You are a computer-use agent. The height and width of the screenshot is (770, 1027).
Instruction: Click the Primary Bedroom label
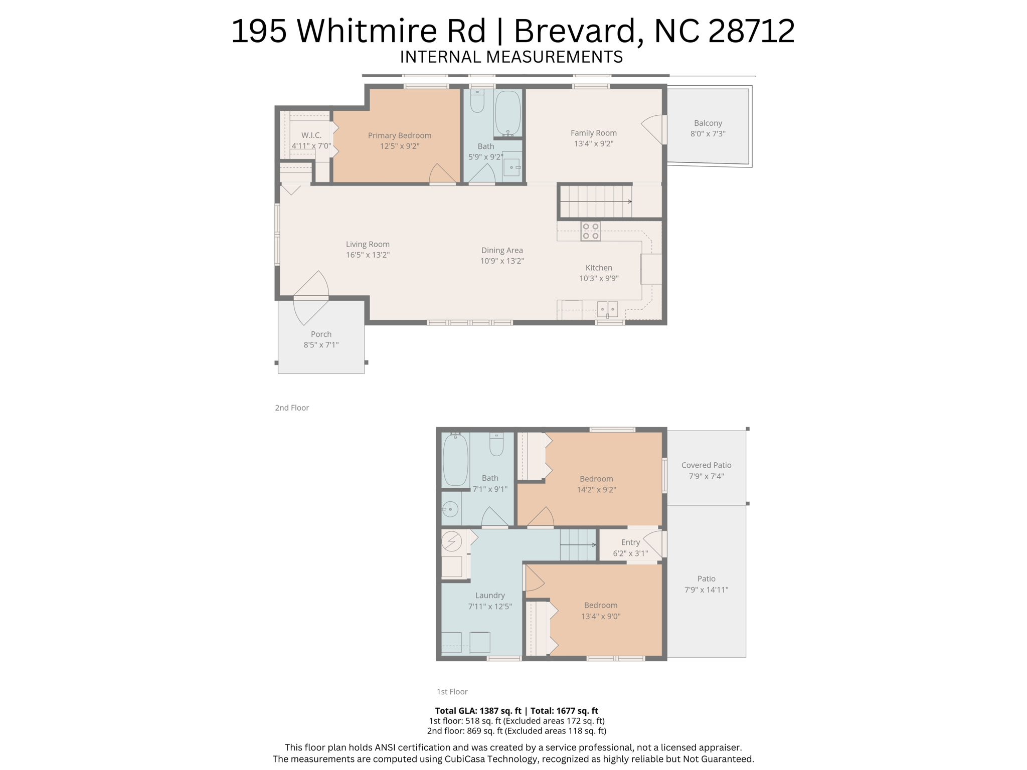pos(399,135)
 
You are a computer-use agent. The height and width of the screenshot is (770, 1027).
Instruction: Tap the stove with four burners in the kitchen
pos(590,232)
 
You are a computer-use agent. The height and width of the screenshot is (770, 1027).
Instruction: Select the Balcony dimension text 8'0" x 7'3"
pos(708,134)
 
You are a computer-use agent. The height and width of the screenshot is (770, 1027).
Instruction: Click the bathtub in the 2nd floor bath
pos(507,113)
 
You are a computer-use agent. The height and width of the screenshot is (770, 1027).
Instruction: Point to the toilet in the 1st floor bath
pos(496,444)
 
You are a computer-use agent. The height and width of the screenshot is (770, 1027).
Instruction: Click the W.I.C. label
pos(311,135)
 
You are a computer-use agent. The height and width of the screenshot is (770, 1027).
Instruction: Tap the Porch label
pos(321,334)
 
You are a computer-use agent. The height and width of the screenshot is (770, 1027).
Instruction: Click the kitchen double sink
pos(607,309)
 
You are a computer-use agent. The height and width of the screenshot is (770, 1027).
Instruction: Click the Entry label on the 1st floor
pos(630,542)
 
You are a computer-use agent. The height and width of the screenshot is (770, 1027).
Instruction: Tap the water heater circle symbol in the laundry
pos(451,541)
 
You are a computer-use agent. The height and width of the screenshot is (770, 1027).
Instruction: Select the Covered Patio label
pos(706,465)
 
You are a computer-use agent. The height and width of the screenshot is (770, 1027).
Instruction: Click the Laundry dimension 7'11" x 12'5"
pos(489,607)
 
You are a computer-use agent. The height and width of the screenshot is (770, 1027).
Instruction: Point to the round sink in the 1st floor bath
pos(450,509)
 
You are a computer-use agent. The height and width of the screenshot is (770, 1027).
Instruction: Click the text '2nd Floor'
pos(291,408)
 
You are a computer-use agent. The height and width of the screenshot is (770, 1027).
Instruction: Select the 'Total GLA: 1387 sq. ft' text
pos(477,711)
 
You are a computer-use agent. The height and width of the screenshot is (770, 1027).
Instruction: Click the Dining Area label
pos(501,250)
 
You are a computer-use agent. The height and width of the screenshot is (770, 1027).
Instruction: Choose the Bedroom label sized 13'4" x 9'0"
pos(600,606)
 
